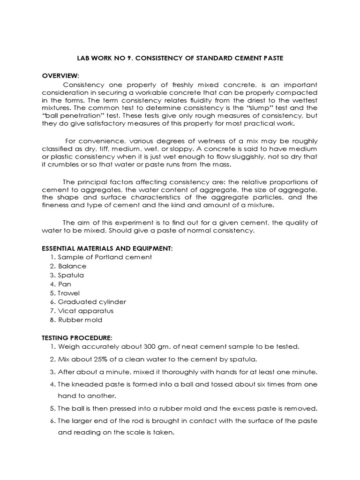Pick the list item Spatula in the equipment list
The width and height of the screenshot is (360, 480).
point(71,275)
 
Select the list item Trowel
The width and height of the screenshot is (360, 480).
point(68,293)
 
